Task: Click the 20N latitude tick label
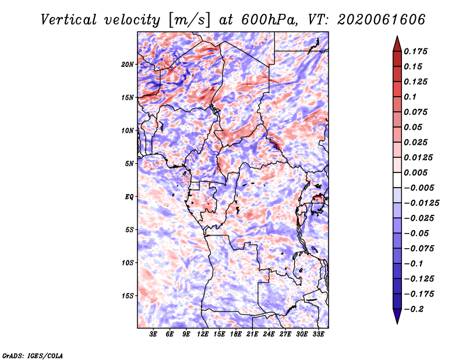[x=128, y=65]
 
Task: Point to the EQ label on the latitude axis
[x=129, y=197]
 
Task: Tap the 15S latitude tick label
[x=128, y=296]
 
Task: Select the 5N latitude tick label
[x=129, y=164]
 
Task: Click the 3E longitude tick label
[x=153, y=334]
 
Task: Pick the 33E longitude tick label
[x=318, y=334]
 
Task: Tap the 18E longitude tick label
[x=236, y=334]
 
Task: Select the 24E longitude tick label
[x=269, y=334]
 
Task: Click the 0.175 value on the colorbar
[x=415, y=51]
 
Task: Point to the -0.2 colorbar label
[x=414, y=309]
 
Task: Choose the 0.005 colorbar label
[x=415, y=172]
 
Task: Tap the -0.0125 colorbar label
[x=421, y=203]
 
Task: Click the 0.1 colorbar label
[x=410, y=97]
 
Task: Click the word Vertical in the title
[x=69, y=20]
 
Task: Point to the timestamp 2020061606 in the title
[x=381, y=20]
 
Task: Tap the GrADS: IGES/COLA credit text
[x=33, y=356]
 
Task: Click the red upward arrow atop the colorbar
[x=397, y=44]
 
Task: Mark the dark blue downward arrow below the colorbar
[x=397, y=316]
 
